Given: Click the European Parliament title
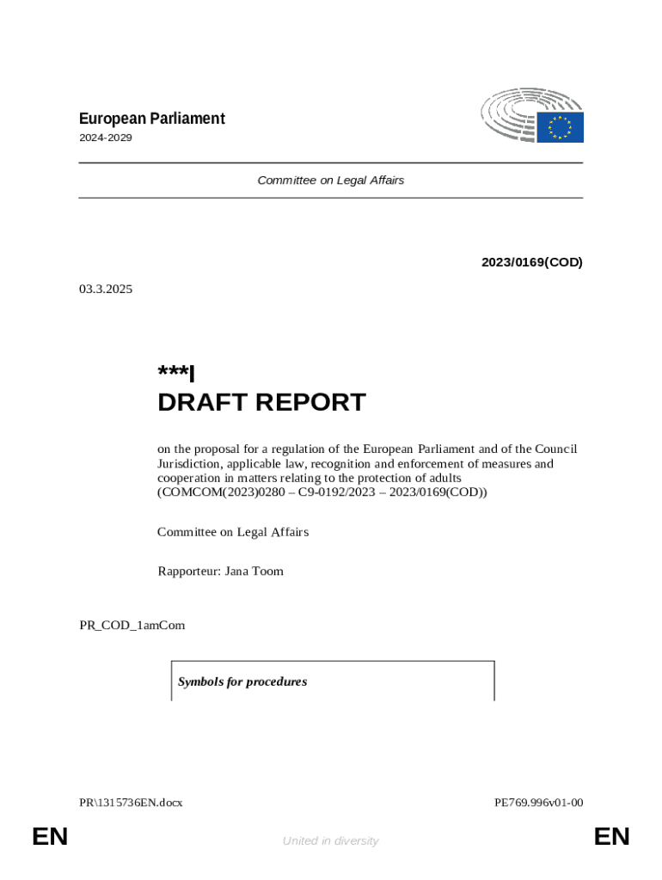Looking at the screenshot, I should [151, 119].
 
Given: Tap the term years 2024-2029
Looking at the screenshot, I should [106, 137].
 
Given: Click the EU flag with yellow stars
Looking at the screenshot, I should [561, 127].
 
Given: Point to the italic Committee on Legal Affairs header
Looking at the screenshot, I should [330, 180].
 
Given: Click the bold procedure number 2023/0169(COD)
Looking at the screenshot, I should [531, 262].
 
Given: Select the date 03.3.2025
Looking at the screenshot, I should [106, 289].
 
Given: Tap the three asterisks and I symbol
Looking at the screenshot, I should [176, 373].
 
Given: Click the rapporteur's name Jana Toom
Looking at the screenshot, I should [254, 571].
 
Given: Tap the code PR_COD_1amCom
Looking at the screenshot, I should [132, 625].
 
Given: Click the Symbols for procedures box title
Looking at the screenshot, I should [242, 681].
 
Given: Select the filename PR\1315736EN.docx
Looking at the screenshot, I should [131, 803].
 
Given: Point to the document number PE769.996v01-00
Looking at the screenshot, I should [538, 803].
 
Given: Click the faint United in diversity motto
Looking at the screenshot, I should [330, 840].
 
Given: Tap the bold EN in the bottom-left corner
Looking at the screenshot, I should [50, 836].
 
